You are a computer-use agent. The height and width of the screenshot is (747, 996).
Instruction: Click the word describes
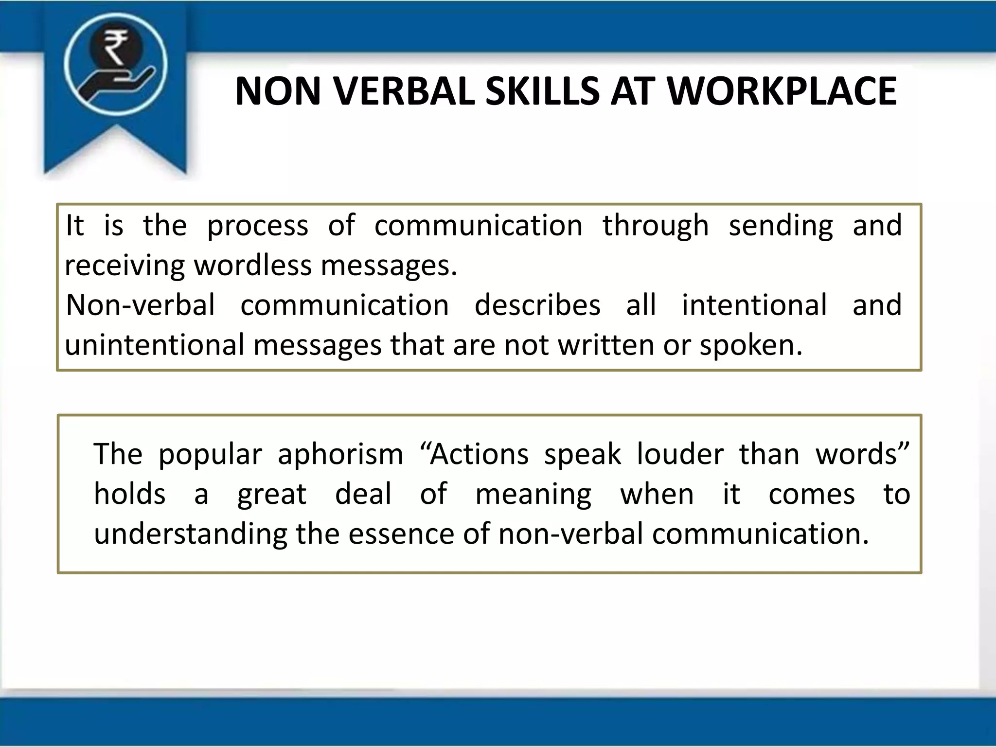tap(537, 305)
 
